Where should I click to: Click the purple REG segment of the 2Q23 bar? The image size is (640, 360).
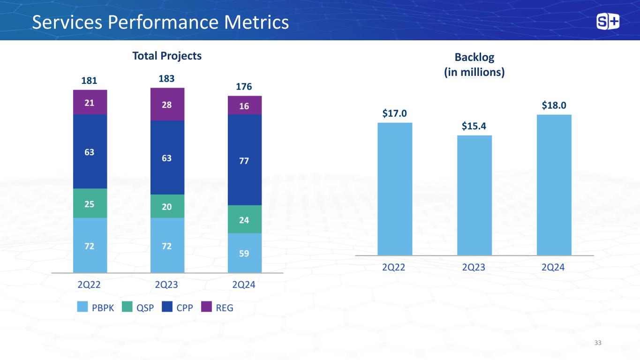(167, 105)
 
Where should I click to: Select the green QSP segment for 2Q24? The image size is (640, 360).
(244, 219)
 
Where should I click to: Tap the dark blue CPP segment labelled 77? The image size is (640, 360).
(244, 160)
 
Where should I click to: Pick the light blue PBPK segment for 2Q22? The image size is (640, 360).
(90, 245)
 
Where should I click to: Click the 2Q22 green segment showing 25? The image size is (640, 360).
(90, 203)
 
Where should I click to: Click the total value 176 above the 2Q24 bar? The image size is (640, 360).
(244, 87)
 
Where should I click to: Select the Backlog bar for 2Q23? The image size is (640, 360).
(474, 195)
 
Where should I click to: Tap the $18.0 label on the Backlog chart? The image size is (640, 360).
(554, 105)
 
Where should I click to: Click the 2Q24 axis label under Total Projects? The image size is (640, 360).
(244, 285)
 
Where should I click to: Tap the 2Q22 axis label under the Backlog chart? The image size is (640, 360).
(394, 267)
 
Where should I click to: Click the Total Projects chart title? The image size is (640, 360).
(167, 56)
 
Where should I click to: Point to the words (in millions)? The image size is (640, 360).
(474, 73)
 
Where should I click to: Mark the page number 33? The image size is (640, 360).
(597, 343)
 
